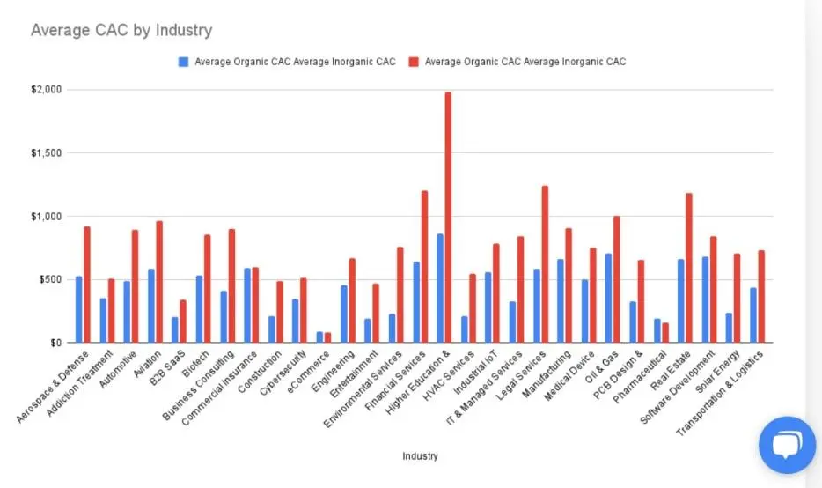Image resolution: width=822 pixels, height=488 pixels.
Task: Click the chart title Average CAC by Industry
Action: [121, 30]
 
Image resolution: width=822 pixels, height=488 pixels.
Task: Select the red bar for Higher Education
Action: [448, 217]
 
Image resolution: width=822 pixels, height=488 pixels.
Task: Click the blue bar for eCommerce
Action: [319, 336]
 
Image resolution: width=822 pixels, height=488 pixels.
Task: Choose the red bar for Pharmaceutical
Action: [665, 332]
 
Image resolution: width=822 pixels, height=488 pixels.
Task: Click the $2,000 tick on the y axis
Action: [45, 90]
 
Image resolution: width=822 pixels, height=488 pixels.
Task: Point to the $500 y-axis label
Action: [48, 279]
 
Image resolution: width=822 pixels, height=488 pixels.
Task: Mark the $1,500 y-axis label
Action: [45, 153]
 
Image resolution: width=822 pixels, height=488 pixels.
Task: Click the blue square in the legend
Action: [182, 62]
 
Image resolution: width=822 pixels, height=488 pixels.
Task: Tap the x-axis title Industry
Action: [420, 456]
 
